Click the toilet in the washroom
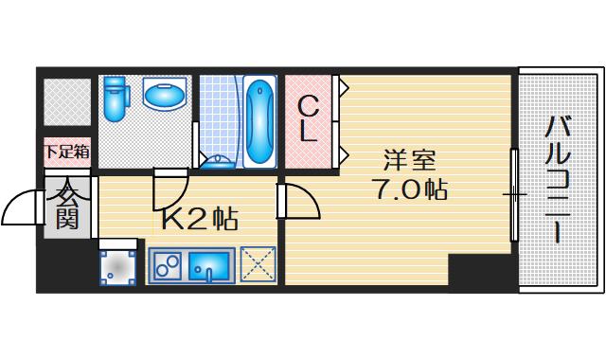tap(116, 99)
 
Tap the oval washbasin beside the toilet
tap(165, 93)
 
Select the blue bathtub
tap(259, 122)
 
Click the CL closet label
tap(309, 119)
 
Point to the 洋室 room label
tap(410, 160)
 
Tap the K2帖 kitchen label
tap(199, 219)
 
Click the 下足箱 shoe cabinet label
tap(67, 152)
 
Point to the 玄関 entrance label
tap(67, 204)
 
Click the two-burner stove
tap(168, 265)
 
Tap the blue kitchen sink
tap(208, 265)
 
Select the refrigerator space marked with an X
tap(258, 264)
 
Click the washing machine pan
tap(117, 267)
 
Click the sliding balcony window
tap(514, 194)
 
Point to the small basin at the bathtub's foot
tap(218, 162)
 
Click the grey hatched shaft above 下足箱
tap(67, 102)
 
